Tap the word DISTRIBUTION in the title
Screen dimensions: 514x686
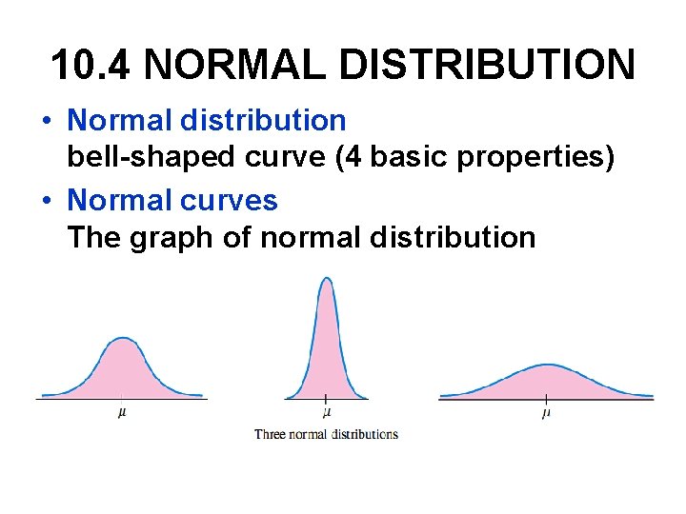point(508,66)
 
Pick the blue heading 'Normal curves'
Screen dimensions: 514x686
point(172,200)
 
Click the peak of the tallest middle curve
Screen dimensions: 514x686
point(327,279)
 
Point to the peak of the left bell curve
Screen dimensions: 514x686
point(122,339)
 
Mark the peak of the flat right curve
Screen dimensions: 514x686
point(546,365)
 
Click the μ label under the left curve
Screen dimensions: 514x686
point(122,413)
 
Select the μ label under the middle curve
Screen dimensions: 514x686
point(327,413)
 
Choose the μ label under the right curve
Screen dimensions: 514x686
point(546,413)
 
